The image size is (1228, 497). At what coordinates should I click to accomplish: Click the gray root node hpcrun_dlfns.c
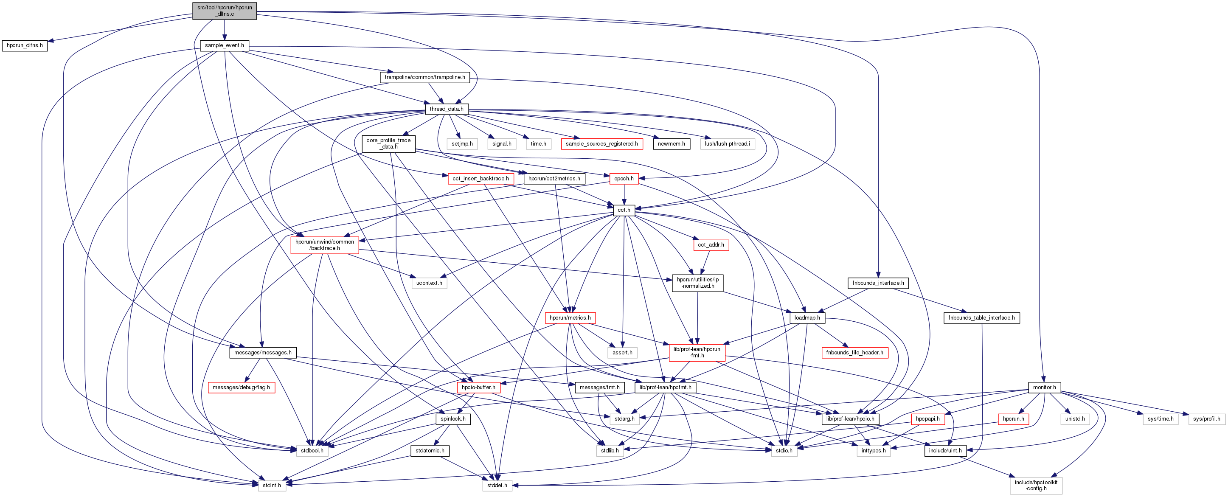click(x=225, y=11)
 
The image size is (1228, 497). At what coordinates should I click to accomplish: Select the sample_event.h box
click(x=225, y=45)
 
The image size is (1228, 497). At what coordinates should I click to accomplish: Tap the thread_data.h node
click(x=446, y=109)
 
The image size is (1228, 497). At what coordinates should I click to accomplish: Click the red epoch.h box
click(x=624, y=179)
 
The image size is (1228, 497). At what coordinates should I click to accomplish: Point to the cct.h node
click(x=624, y=210)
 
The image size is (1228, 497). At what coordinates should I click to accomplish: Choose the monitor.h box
click(x=1044, y=387)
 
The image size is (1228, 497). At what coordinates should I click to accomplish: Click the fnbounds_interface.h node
click(x=878, y=283)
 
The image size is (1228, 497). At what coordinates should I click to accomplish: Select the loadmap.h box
click(x=807, y=318)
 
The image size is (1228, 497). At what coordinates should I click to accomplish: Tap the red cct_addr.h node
click(x=710, y=245)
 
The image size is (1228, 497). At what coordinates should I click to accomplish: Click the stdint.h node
click(x=272, y=486)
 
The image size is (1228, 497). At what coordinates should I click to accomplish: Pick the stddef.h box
click(x=497, y=486)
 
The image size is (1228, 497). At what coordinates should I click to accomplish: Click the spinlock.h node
click(x=453, y=419)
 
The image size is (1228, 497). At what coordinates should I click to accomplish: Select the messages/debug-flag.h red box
click(x=241, y=387)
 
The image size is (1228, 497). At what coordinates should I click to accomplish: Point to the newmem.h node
click(x=671, y=144)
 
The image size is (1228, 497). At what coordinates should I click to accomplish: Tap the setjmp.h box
click(x=462, y=144)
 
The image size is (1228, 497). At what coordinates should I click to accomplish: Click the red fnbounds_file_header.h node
click(x=854, y=353)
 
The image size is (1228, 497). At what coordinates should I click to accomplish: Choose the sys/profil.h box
click(x=1206, y=419)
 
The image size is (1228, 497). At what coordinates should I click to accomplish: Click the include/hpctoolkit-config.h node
click(x=1035, y=486)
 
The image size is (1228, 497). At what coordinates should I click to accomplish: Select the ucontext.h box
click(x=429, y=283)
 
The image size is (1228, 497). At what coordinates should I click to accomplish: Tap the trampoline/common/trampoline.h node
click(x=425, y=77)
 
